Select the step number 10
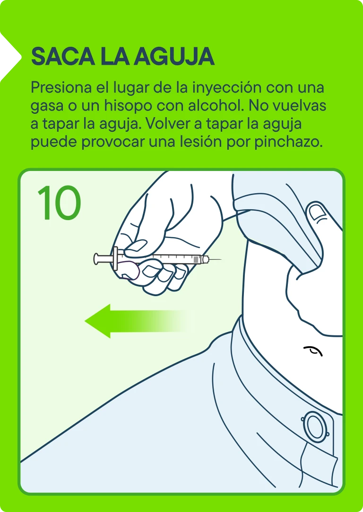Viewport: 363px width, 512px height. [59, 203]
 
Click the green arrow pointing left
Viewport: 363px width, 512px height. [139, 321]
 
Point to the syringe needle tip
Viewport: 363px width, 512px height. [221, 260]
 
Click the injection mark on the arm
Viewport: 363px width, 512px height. [313, 350]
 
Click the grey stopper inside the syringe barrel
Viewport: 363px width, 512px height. [196, 260]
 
